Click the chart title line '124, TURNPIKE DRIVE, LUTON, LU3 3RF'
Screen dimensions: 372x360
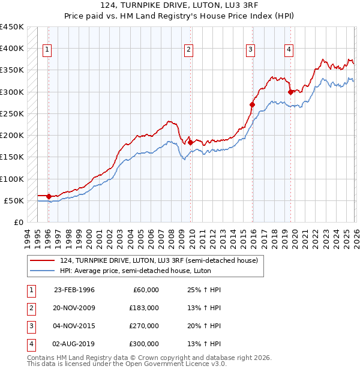click(179, 6)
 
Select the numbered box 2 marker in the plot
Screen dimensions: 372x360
click(189, 50)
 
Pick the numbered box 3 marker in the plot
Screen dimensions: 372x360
click(251, 50)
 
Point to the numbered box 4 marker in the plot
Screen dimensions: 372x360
click(289, 50)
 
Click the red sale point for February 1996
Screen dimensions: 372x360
click(49, 196)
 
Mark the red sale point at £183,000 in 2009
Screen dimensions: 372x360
click(190, 143)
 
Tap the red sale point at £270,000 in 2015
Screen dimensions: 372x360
click(252, 105)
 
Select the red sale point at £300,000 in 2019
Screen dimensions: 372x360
click(290, 92)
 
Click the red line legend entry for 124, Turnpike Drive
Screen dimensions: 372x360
click(159, 260)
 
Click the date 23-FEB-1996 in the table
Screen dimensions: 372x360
click(74, 290)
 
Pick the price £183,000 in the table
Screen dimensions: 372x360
click(144, 308)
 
